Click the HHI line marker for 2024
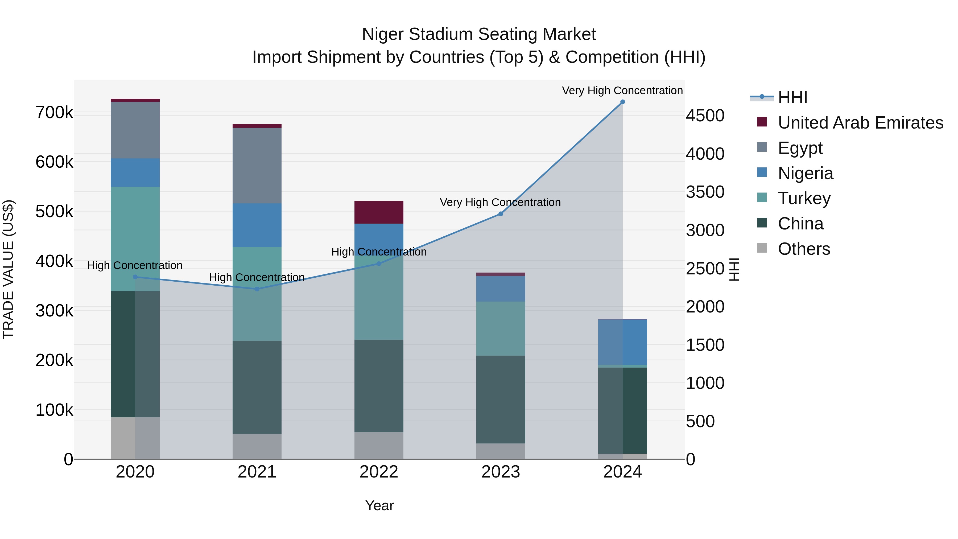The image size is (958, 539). tap(622, 102)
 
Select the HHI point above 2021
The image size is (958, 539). tap(257, 289)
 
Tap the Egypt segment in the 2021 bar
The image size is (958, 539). tap(257, 166)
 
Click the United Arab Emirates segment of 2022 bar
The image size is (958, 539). tap(379, 212)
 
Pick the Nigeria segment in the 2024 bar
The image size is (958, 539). tap(622, 342)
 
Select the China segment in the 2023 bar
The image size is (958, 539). tap(501, 399)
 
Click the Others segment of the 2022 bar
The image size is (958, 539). tap(379, 445)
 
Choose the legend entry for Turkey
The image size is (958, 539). tap(804, 198)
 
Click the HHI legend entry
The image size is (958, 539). tap(792, 97)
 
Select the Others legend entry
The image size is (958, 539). tap(804, 249)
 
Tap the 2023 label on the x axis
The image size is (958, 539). tap(501, 472)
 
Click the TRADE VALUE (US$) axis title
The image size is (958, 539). tap(8, 269)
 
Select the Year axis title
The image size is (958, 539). tap(379, 505)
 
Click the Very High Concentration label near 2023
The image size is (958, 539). tap(500, 202)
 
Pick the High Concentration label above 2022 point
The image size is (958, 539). tap(379, 252)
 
